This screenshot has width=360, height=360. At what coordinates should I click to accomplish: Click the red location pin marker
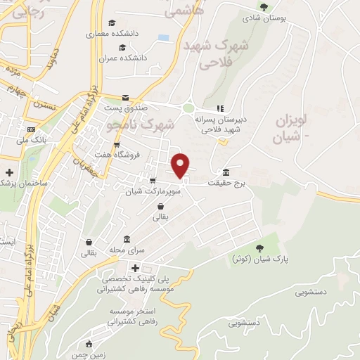pos(181,165)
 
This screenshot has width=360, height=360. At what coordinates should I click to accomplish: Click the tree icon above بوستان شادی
pos(264,7)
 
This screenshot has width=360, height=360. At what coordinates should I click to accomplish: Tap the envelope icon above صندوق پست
pos(125,98)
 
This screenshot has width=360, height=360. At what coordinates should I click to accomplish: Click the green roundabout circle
pos(188,108)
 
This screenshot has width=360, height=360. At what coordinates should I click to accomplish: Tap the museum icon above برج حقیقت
pos(226,173)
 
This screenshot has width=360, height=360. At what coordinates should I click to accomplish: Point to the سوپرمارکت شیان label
pos(154,191)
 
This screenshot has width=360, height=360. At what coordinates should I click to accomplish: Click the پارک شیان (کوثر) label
pos(261,259)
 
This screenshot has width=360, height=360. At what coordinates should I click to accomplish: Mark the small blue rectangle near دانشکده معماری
pos(164,37)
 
